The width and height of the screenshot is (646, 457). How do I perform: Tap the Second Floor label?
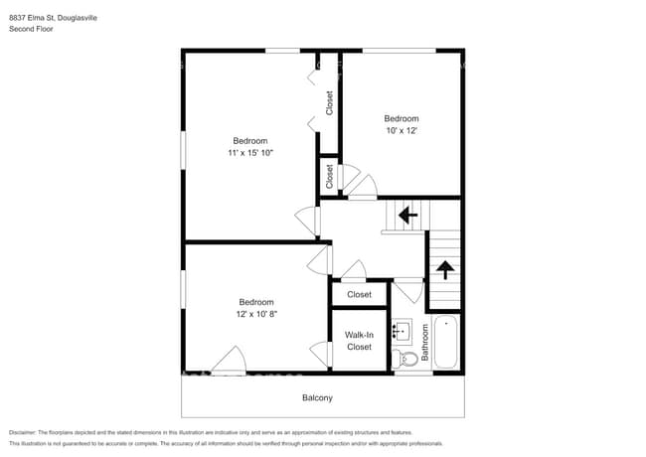[31, 30]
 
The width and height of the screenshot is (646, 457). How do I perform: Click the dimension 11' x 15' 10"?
[250, 153]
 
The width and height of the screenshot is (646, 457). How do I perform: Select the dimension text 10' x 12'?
[402, 131]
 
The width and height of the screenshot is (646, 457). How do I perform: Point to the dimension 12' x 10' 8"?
[255, 314]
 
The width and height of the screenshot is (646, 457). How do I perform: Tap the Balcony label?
[317, 398]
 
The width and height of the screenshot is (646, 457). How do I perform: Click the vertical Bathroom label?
[424, 343]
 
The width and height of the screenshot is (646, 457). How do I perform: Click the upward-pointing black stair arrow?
[444, 267]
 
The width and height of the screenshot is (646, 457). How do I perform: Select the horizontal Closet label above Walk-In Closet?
[359, 294]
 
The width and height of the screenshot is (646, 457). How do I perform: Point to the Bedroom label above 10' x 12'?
[402, 118]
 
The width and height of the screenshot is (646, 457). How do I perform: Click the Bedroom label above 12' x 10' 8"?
[255, 302]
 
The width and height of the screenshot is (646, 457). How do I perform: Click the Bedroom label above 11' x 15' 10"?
[250, 140]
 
